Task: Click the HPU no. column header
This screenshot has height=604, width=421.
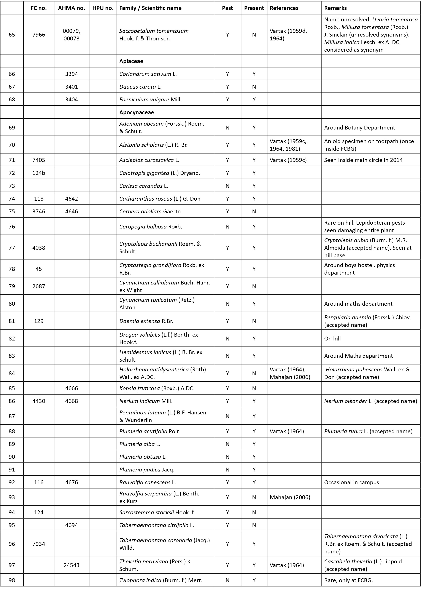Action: (103, 8)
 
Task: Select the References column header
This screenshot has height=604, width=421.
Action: (284, 8)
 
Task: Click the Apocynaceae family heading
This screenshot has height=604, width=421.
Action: (137, 112)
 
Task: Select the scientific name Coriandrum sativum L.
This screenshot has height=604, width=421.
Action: (148, 74)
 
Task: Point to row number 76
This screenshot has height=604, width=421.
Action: (12, 227)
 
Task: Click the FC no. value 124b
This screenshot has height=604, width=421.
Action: (39, 173)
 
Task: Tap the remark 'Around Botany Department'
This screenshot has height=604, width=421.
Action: (359, 128)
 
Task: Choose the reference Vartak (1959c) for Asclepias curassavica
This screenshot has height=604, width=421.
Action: (288, 160)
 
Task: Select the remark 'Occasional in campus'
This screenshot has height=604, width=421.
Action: (351, 482)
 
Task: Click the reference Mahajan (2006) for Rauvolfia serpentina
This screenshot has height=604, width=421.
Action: (290, 497)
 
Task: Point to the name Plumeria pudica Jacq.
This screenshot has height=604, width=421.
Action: (147, 470)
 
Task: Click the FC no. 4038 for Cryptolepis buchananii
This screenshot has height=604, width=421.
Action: (39, 248)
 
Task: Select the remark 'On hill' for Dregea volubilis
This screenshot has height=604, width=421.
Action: (332, 339)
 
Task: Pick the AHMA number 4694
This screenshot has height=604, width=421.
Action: (71, 525)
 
